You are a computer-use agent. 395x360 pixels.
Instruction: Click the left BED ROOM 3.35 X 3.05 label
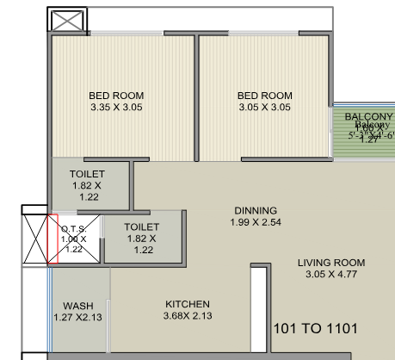click(116, 102)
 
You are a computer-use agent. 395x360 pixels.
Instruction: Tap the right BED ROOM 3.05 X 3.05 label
click(265, 102)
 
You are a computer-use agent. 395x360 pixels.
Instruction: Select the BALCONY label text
click(368, 116)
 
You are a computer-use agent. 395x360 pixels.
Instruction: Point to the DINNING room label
click(256, 210)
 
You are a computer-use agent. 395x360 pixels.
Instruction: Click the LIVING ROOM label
click(331, 263)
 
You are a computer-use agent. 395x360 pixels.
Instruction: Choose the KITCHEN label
click(187, 304)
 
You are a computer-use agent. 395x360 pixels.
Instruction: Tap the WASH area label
click(78, 306)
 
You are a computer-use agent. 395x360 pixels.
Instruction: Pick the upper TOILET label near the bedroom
click(88, 174)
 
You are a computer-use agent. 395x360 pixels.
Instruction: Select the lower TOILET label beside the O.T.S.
click(142, 227)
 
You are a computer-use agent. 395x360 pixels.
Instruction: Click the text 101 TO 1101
click(315, 328)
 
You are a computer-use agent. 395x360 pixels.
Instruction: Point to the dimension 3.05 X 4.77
click(331, 275)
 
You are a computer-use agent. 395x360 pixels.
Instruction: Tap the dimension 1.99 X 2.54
click(256, 222)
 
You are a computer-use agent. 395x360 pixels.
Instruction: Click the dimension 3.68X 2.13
click(187, 316)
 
